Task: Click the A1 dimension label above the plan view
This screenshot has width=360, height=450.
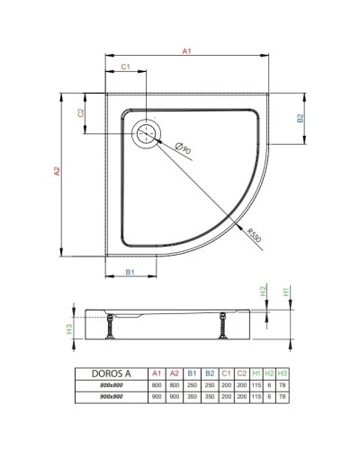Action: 186,52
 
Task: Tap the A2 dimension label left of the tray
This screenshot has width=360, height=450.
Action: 56,171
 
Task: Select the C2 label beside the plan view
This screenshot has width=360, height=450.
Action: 80,112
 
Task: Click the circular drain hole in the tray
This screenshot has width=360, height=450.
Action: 146,135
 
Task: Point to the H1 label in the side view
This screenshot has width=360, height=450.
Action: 286,291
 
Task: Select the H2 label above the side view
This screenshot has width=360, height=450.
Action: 263,291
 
